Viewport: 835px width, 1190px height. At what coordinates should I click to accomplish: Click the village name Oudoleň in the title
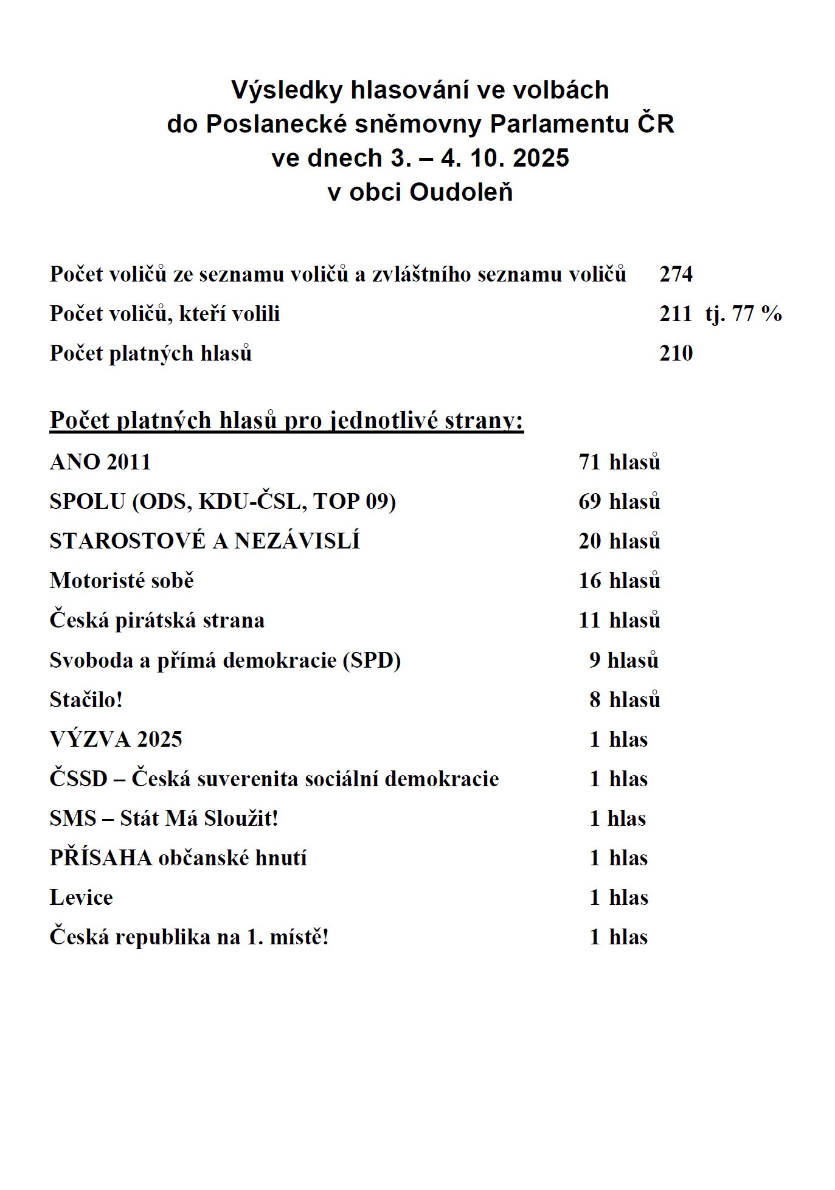pyautogui.click(x=461, y=192)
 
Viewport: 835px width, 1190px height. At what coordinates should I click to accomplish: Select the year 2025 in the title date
pyautogui.click(x=541, y=158)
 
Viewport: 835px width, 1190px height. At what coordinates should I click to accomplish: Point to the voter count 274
pyautogui.click(x=676, y=274)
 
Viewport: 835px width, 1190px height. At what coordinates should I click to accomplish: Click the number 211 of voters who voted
pyautogui.click(x=675, y=314)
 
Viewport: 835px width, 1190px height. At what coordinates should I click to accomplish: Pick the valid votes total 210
pyautogui.click(x=676, y=353)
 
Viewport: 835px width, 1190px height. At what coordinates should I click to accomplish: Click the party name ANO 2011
pyautogui.click(x=100, y=462)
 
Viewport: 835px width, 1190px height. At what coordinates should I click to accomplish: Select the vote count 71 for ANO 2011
pyautogui.click(x=589, y=462)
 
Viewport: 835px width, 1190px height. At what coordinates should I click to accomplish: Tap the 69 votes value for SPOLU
pyautogui.click(x=589, y=502)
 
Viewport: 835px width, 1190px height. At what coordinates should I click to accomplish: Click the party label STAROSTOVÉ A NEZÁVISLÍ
pyautogui.click(x=205, y=541)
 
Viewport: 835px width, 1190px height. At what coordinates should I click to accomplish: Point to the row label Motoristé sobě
pyautogui.click(x=122, y=581)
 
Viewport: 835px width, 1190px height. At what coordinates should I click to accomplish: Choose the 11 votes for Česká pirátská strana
pyautogui.click(x=589, y=620)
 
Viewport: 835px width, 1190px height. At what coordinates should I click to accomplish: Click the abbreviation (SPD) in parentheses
pyautogui.click(x=372, y=660)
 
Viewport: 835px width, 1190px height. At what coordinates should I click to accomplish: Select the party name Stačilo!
pyautogui.click(x=86, y=700)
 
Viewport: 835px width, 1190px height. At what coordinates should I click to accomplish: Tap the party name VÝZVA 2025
pyautogui.click(x=116, y=739)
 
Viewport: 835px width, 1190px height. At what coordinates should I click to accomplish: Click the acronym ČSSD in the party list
pyautogui.click(x=78, y=779)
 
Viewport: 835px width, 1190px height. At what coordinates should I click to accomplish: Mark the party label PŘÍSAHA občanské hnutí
pyautogui.click(x=178, y=858)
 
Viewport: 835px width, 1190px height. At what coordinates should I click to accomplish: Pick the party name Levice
pyautogui.click(x=81, y=898)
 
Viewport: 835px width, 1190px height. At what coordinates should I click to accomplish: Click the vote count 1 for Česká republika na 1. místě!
pyautogui.click(x=595, y=937)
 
